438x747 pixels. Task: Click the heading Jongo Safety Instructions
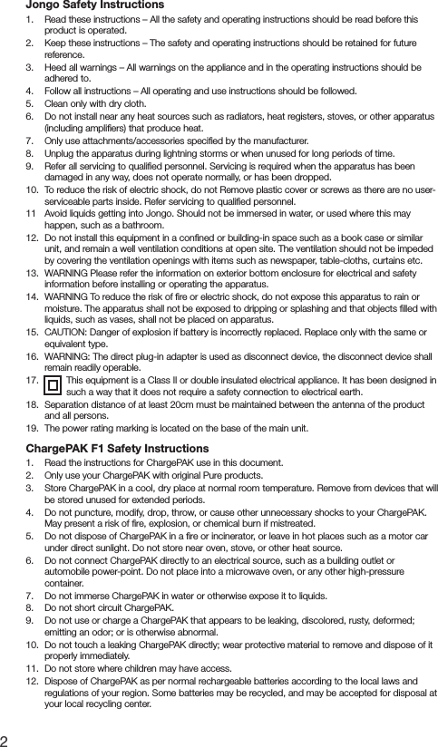point(88,7)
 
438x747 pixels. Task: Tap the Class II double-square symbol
point(54,386)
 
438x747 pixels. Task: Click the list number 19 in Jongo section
point(32,428)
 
